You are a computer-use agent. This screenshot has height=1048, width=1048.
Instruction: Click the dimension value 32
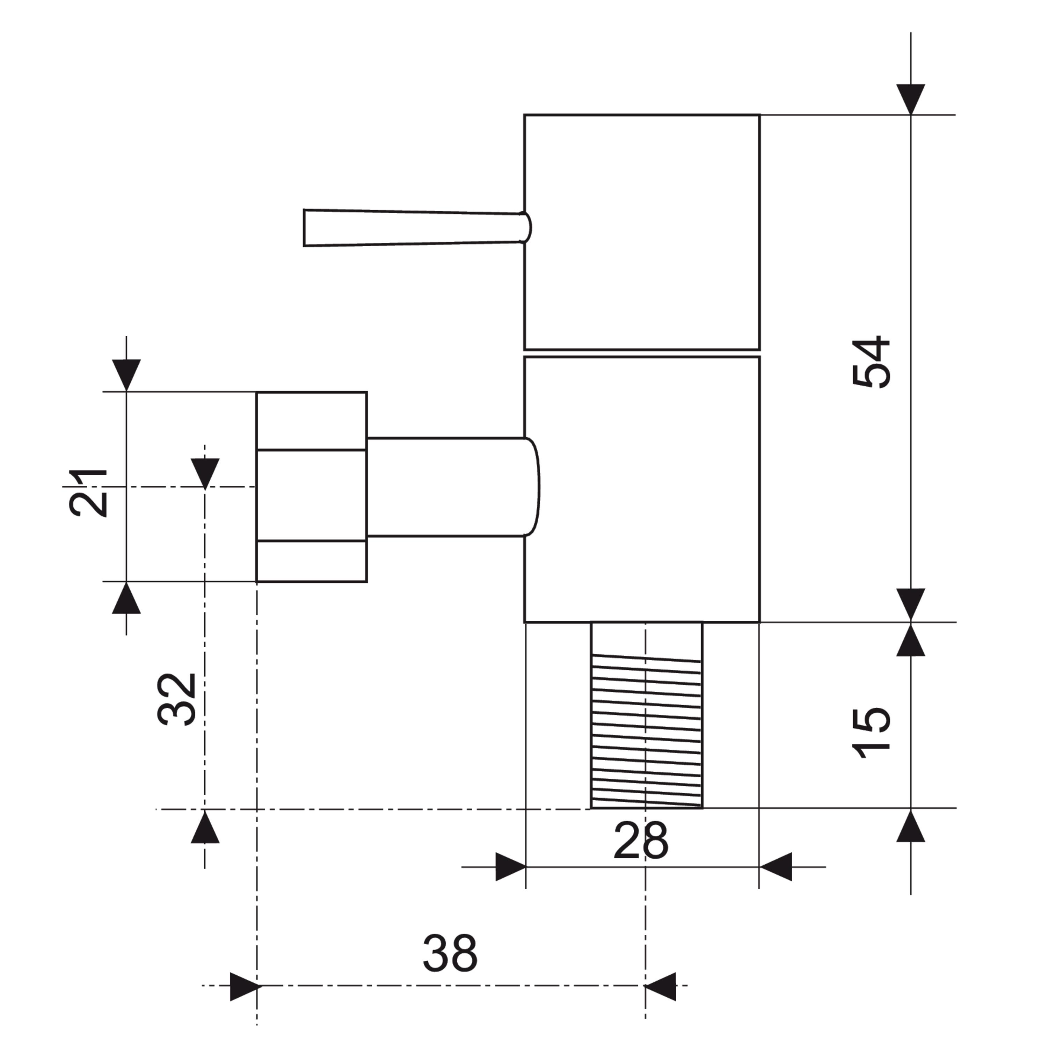pos(176,700)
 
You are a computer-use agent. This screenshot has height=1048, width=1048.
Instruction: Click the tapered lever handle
pos(417,228)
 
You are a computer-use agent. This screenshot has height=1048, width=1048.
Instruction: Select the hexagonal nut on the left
pos(311,487)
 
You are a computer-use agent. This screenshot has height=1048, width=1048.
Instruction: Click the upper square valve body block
pos(642,232)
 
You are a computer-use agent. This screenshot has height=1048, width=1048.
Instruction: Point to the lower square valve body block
pos(642,489)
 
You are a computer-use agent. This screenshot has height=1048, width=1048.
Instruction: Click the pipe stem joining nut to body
pos(453,487)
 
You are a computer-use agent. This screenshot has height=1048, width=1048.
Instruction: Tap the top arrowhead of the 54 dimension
pos(911,100)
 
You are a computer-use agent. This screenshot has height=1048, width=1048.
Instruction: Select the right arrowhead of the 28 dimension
pos(775,867)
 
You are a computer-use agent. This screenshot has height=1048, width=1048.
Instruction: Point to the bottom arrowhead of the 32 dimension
pos(205,826)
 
